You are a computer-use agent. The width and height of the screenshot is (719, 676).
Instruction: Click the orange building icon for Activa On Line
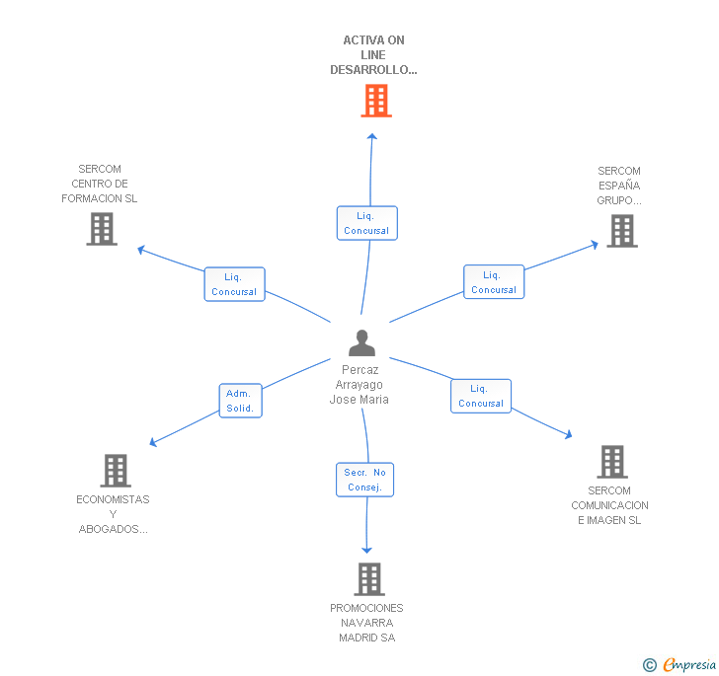(375, 101)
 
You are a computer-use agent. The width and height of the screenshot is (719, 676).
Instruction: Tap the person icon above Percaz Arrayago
(362, 343)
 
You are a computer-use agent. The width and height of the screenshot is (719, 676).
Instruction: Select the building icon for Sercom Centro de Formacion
(101, 229)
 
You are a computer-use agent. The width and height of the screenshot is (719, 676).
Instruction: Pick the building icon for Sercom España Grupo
(621, 231)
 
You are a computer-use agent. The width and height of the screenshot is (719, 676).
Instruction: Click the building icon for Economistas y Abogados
(116, 471)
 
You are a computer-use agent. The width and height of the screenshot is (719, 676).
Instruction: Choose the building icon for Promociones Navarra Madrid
(368, 579)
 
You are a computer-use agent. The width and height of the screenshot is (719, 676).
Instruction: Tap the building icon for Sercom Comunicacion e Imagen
(611, 462)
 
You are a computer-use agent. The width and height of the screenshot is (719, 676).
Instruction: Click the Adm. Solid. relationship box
(240, 401)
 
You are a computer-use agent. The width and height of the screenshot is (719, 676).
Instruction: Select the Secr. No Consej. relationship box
(364, 480)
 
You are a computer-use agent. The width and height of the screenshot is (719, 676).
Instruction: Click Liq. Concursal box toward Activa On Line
(366, 223)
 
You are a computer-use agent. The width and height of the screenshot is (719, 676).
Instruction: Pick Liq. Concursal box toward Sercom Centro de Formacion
(234, 284)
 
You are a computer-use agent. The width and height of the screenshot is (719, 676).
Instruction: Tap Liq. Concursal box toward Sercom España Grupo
(494, 282)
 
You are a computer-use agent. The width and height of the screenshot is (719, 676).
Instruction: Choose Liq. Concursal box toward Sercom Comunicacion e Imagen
(481, 396)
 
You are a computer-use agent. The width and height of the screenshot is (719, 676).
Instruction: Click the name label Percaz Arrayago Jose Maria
(359, 385)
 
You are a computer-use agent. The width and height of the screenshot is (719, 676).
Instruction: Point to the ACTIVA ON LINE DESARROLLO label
(373, 55)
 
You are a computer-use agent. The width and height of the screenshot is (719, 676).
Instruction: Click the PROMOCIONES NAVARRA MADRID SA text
(366, 623)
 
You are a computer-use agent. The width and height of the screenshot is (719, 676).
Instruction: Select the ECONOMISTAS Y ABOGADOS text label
(113, 514)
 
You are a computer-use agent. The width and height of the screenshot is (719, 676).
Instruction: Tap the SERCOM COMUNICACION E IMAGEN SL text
(609, 505)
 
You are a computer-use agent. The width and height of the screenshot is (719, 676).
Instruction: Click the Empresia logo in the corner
(680, 665)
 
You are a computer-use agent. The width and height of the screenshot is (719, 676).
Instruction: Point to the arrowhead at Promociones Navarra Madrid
(367, 549)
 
